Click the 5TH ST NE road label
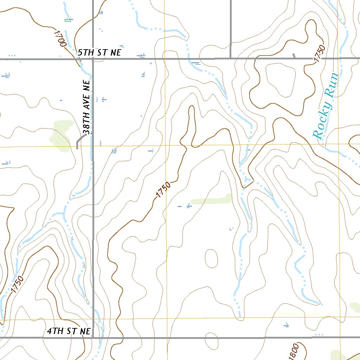coord(99,53)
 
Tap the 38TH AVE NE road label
coord(86,109)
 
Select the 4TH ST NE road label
coord(69,331)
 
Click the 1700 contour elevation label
coord(60,38)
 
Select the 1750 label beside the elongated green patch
coord(163,190)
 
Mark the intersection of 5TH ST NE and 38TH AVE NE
coord(93,59)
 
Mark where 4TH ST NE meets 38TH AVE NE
coord(93,337)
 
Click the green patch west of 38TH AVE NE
coord(60,136)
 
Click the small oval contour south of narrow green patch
coord(211,258)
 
